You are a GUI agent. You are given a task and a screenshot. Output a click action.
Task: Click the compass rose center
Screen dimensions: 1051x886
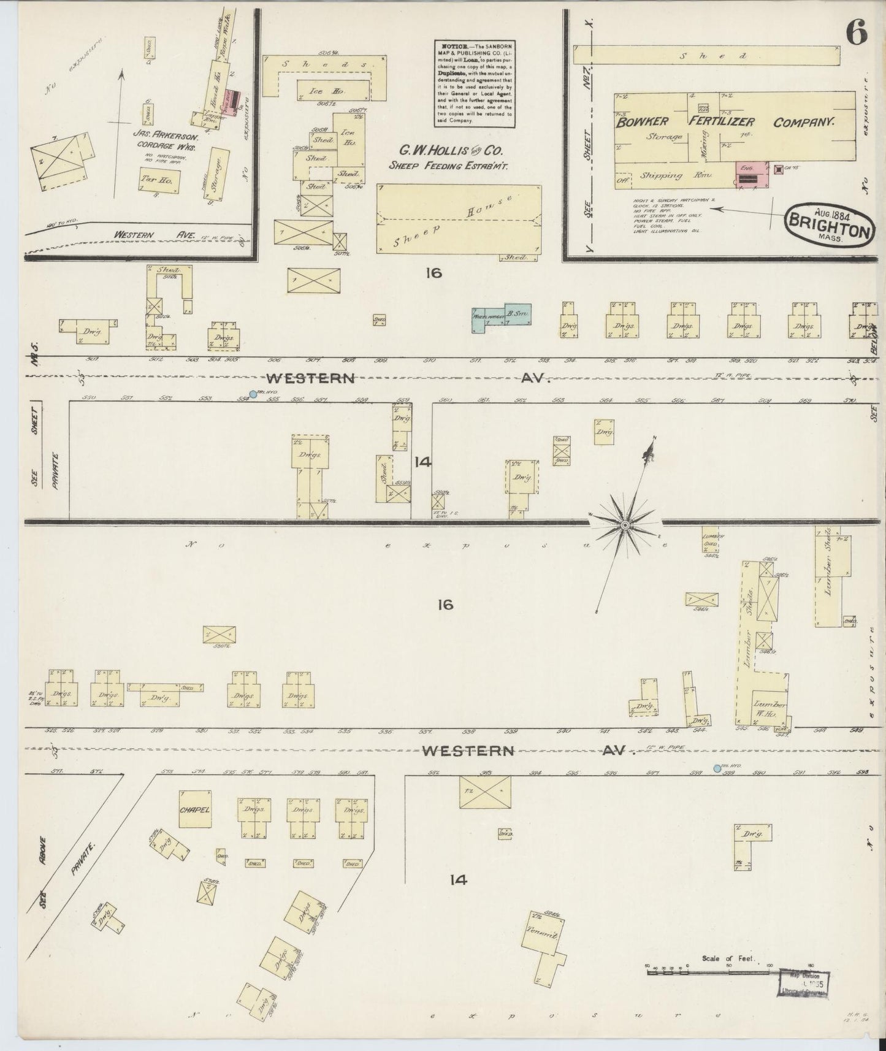[625, 525]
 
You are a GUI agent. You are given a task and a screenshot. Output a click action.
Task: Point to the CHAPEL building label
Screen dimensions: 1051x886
[195, 809]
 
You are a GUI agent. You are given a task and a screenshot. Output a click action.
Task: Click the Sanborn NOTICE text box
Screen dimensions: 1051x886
[473, 83]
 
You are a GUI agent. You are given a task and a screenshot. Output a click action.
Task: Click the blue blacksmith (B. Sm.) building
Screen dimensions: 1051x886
[516, 314]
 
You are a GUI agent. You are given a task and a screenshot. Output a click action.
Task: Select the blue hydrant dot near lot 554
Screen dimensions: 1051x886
[253, 394]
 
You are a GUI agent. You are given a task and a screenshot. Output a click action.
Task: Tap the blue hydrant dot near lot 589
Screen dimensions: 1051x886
[717, 768]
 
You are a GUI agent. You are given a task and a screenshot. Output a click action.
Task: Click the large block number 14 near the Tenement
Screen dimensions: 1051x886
[458, 880]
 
